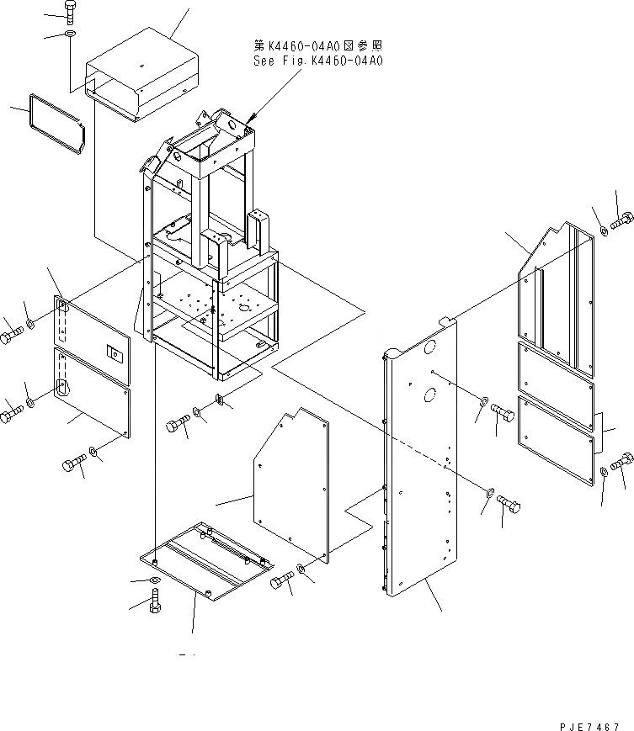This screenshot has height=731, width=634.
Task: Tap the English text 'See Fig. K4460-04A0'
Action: click(317, 61)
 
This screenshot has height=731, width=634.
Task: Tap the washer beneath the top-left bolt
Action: click(69, 34)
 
